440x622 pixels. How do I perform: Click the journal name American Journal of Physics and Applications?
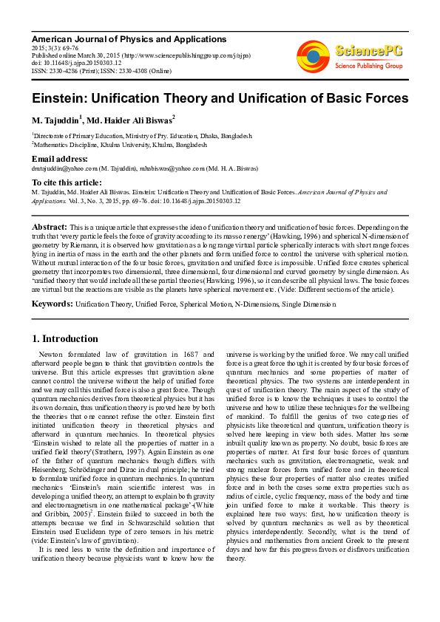129,39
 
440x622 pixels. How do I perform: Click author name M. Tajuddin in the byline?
55,120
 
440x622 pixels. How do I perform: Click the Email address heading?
59,159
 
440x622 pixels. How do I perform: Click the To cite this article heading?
67,182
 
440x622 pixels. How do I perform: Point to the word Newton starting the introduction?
50,355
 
